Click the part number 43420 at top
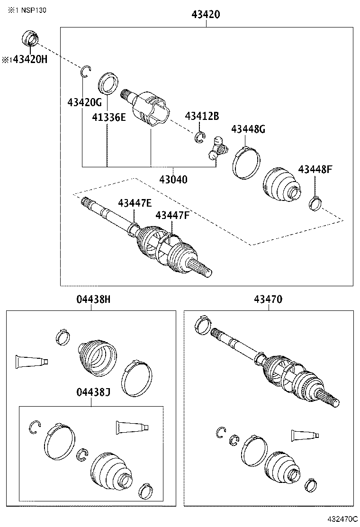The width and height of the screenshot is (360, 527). tap(206, 15)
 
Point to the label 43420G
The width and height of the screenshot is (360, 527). tap(85, 102)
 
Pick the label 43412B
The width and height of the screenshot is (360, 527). tap(202, 116)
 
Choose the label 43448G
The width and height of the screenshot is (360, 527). tap(248, 129)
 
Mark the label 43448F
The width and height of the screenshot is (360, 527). tap(315, 169)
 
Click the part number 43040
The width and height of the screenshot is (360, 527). tap(173, 180)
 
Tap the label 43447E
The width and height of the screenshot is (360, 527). tap(135, 203)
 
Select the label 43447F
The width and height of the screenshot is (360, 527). tap(172, 216)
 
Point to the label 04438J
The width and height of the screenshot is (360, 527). tap(93, 392)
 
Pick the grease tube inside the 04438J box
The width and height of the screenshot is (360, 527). tap(132, 427)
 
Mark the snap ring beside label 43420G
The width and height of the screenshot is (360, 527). tap(85, 71)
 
